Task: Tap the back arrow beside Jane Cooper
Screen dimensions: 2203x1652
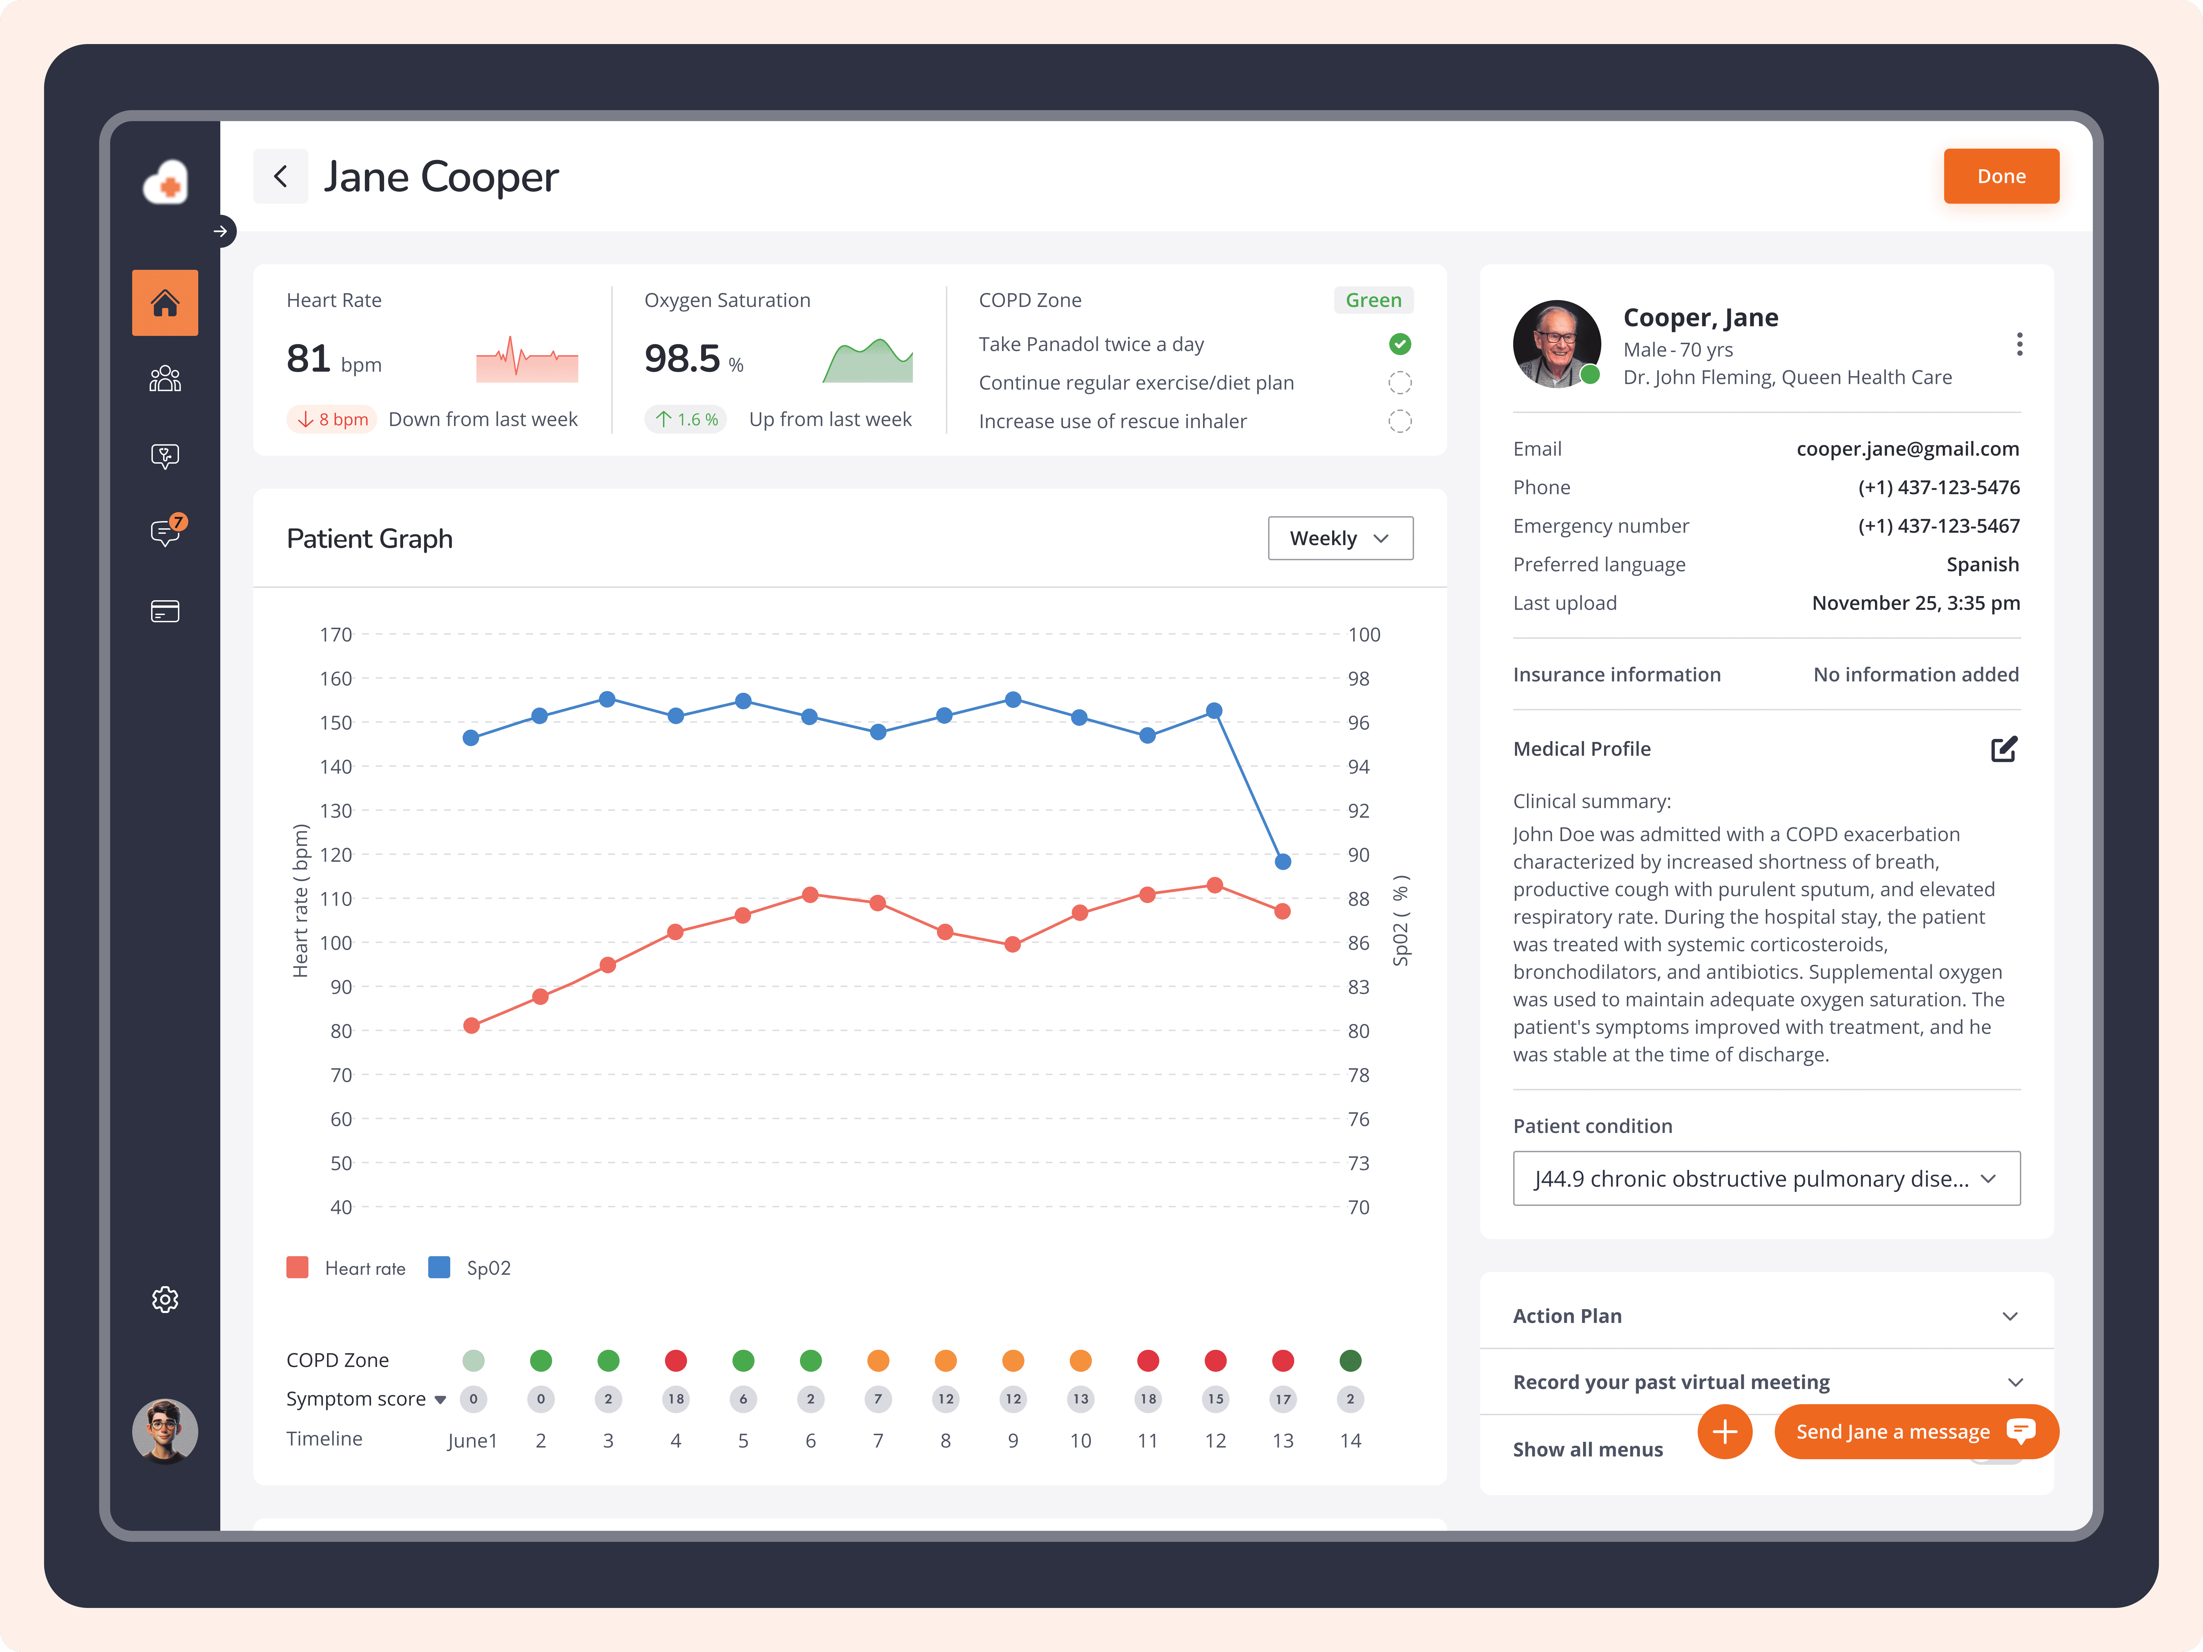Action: point(281,176)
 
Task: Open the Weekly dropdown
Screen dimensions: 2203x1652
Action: point(1340,538)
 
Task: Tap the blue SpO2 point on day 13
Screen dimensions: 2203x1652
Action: point(1283,861)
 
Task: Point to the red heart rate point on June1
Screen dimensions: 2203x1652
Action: point(472,1026)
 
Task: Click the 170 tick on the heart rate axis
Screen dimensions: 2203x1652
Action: point(336,634)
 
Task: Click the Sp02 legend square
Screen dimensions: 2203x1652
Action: point(438,1267)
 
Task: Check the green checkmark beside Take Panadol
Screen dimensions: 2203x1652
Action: point(1399,343)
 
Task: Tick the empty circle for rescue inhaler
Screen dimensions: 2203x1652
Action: point(1399,421)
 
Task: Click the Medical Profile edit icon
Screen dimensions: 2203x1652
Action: point(2004,749)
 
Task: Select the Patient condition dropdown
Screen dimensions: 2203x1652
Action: point(1766,1178)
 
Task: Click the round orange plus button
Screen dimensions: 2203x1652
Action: point(1724,1431)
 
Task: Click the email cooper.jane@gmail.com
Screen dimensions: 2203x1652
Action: point(1907,449)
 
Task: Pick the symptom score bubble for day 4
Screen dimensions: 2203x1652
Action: point(675,1399)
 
